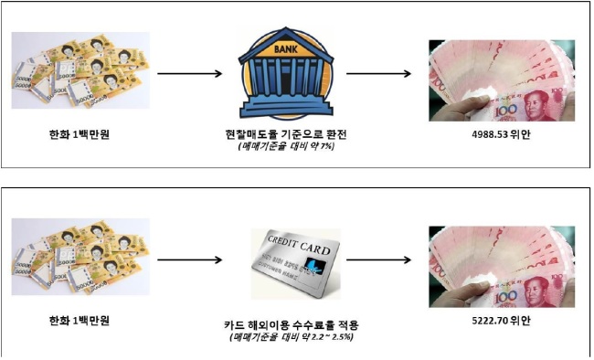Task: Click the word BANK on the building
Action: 286,49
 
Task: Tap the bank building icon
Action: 286,73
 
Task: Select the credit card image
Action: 296,264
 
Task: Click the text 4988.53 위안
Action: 501,134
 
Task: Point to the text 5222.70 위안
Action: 501,321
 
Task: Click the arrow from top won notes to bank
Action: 189,73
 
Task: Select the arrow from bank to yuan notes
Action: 379,73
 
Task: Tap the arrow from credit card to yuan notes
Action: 379,260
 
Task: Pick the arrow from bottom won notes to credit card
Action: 189,260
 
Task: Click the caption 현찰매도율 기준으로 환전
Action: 286,134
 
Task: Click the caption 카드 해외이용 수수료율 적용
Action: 291,324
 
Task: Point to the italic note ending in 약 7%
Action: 286,146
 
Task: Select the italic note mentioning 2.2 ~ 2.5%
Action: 291,336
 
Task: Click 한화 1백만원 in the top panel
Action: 80,134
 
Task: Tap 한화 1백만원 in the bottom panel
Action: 80,321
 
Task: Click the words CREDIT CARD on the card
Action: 299,245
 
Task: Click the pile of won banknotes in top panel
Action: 80,70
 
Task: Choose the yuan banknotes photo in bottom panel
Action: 502,267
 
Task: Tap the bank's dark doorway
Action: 286,80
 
